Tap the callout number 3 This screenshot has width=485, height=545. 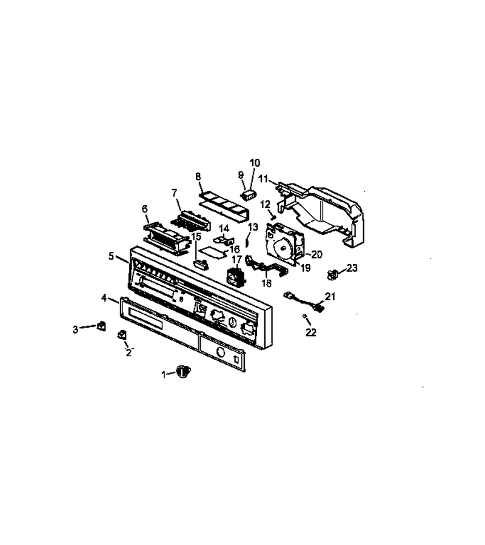[76, 329]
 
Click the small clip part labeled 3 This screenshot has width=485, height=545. [102, 326]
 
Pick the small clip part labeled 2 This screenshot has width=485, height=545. [122, 335]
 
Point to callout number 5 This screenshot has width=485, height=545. [111, 257]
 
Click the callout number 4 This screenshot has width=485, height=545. [104, 298]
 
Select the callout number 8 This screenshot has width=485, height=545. [198, 176]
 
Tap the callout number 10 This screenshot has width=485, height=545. [255, 163]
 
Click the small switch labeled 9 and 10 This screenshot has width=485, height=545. [249, 195]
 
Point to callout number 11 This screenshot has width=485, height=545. [263, 179]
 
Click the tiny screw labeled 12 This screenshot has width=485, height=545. [273, 217]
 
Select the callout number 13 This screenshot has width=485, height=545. [253, 227]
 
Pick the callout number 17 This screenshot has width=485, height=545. [237, 259]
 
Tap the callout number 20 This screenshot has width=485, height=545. [316, 255]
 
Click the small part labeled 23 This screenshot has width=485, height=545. [333, 274]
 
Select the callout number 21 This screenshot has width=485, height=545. [330, 297]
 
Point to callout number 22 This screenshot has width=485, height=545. [311, 332]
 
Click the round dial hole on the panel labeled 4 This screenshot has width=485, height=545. [220, 352]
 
